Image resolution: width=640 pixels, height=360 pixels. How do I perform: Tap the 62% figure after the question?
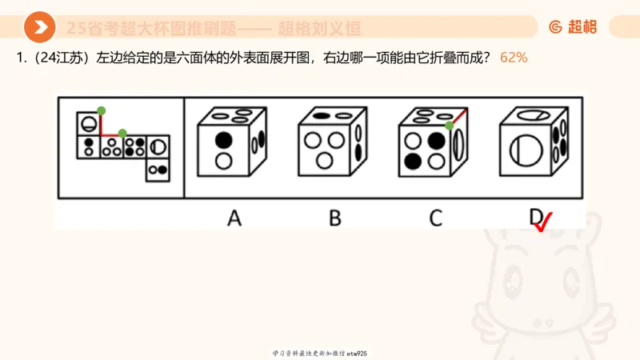click(513, 58)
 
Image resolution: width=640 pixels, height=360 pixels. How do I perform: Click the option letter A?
click(234, 217)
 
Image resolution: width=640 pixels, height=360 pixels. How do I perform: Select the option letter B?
click(334, 217)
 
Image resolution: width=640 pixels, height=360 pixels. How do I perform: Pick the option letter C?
click(435, 217)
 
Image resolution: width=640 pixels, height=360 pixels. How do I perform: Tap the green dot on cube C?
click(450, 126)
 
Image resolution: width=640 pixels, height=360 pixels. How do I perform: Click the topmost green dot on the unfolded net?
click(100, 110)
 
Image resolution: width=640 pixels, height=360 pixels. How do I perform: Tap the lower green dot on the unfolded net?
click(122, 133)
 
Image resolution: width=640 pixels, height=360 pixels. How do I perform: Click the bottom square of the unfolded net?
click(158, 168)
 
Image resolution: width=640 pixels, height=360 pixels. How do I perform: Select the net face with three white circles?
click(112, 146)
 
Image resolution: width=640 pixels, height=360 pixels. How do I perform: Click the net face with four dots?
click(135, 146)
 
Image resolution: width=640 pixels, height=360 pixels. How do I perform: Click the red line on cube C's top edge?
click(458, 118)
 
